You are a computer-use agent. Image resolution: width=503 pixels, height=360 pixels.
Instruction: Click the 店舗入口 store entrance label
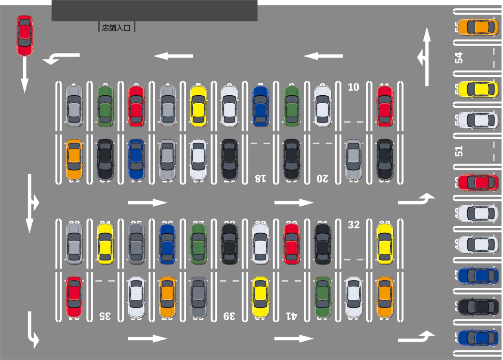pos(117,28)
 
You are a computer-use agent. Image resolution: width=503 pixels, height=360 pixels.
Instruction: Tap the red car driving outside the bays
pos(25,36)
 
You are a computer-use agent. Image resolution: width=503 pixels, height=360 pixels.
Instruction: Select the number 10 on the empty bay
pos(354,87)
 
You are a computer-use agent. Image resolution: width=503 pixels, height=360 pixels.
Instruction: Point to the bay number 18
pos(260,178)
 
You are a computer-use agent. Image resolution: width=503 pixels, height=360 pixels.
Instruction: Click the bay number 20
pos(322,178)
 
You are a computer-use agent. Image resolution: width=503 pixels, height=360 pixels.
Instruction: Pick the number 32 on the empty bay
pos(354,225)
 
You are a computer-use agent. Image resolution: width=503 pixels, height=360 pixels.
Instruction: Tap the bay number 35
pos(105,316)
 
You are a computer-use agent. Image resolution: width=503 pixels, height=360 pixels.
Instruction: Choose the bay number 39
pos(229,316)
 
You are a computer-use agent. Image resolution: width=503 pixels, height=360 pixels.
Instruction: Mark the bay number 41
pos(291,316)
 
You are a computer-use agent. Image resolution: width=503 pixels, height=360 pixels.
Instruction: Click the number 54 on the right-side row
pos(460,57)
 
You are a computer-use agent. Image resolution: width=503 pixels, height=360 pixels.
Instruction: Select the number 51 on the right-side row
pos(460,151)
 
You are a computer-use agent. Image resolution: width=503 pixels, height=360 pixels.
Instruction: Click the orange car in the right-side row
pos(478,27)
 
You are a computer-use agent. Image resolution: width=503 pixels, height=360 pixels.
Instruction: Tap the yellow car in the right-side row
pos(478,89)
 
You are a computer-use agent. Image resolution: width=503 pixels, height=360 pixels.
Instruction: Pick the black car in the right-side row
pos(478,306)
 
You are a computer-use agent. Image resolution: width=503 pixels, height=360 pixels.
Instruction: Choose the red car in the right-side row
pos(478,182)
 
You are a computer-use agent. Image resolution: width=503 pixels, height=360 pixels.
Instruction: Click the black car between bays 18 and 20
pos(291,159)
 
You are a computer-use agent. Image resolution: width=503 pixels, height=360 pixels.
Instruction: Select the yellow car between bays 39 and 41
pos(260,297)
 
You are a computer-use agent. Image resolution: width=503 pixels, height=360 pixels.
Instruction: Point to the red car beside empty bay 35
pos(74,297)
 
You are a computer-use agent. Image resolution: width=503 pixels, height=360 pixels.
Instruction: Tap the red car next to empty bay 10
pos(384,106)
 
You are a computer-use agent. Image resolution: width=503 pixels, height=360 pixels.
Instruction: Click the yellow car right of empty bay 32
pos(384,244)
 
